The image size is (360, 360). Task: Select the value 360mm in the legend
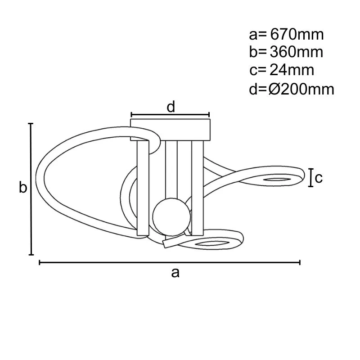[297, 52]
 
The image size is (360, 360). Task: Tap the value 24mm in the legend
[292, 70]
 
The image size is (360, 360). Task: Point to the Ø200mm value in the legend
[301, 89]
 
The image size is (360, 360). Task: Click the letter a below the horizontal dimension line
[175, 272]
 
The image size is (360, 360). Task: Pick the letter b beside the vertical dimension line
[22, 188]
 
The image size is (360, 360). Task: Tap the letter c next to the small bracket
[319, 178]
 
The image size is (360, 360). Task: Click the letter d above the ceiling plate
[171, 107]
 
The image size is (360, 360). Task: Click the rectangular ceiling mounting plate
[171, 129]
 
